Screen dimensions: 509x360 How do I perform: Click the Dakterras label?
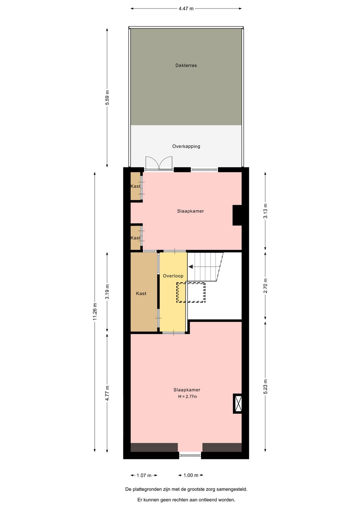(186, 65)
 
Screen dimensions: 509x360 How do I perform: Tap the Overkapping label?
(186, 146)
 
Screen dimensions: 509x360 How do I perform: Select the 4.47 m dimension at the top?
(186, 9)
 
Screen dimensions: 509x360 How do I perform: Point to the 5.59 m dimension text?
(107, 98)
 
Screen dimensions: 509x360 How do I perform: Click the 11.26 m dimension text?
(95, 312)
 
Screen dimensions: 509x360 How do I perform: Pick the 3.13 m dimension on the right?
(265, 211)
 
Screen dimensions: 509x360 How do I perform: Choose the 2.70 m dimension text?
(265, 286)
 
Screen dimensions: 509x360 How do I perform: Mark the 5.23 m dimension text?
(265, 387)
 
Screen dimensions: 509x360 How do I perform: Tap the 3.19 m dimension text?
(107, 292)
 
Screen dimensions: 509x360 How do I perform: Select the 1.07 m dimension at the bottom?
(144, 475)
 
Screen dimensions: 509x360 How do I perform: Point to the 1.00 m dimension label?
(191, 475)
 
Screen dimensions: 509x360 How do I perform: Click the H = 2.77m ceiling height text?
(187, 397)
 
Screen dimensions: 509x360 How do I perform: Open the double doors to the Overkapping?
(159, 163)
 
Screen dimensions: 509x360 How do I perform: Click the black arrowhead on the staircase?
(191, 267)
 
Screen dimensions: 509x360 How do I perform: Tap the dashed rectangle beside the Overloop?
(191, 293)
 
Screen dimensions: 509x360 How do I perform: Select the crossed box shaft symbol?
(237, 404)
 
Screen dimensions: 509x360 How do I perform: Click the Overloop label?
(173, 276)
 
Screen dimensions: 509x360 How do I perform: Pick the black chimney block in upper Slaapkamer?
(237, 215)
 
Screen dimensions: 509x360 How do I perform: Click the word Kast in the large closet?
(141, 294)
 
